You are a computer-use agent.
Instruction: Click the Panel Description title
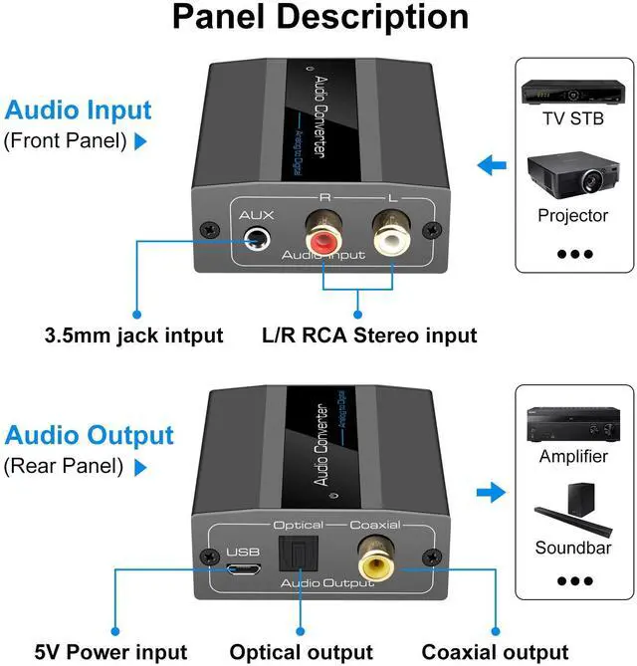[319, 18]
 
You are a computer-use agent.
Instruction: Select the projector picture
[571, 174]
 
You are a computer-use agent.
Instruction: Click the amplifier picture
[572, 422]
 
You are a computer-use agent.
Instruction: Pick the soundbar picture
[572, 507]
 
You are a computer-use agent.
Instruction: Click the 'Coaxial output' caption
[494, 652]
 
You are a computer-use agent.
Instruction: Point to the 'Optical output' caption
[301, 652]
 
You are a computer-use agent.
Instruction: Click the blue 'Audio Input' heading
[78, 111]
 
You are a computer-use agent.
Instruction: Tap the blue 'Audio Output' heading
[89, 435]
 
